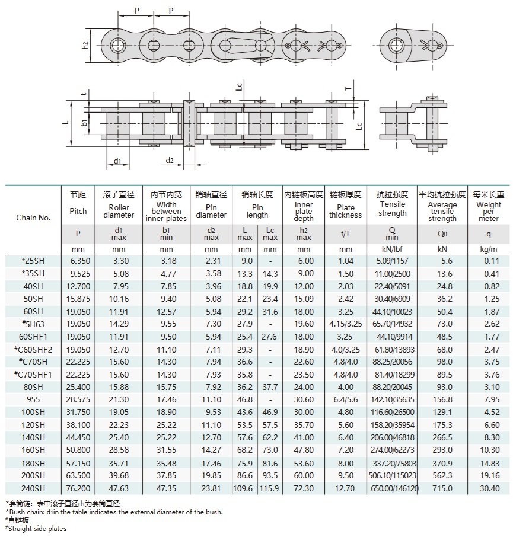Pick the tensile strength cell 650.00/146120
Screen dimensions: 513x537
tap(393, 489)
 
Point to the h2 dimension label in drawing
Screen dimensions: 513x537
tap(85, 45)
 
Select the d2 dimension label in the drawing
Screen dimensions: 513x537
tap(169, 160)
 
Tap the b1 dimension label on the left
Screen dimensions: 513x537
tap(84, 123)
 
